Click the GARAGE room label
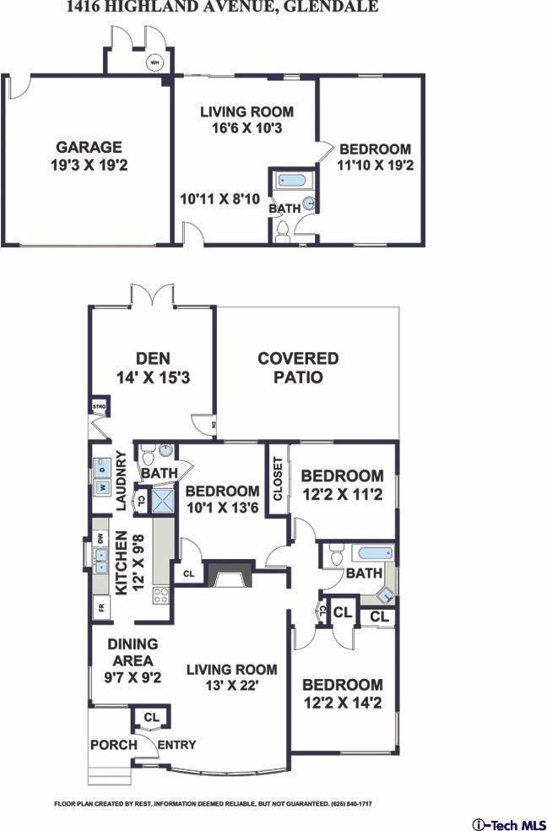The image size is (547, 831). [89, 155]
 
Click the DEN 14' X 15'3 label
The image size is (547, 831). [152, 368]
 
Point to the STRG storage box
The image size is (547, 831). [98, 409]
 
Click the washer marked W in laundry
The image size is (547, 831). [103, 487]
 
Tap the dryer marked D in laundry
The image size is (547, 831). [103, 467]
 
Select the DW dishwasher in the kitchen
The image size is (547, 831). [100, 537]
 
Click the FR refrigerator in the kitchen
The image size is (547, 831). [100, 607]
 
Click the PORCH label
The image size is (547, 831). [113, 745]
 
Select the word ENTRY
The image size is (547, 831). [177, 745]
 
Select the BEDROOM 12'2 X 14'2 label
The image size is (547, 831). [342, 692]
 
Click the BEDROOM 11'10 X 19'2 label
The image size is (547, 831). [375, 157]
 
